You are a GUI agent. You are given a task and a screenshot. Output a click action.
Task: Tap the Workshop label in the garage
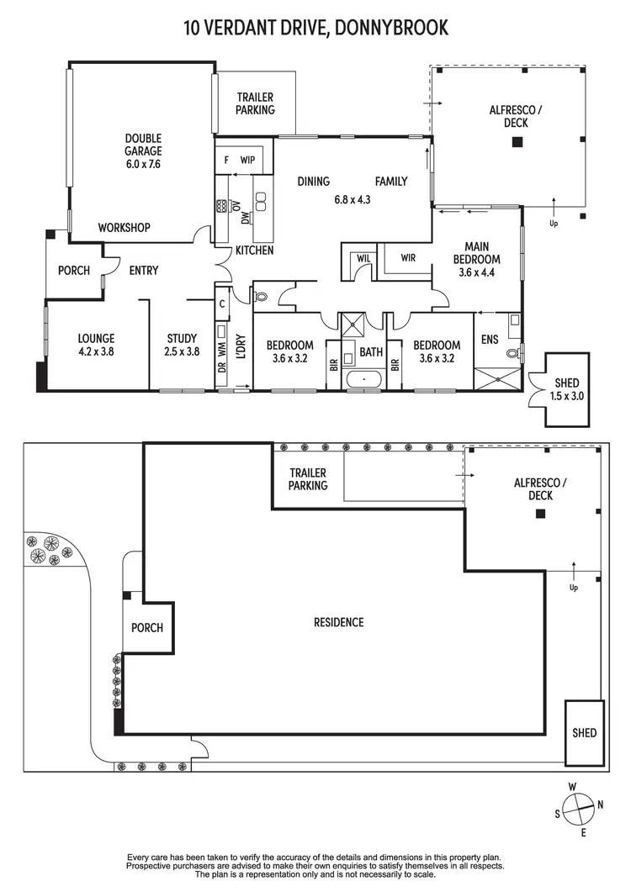(x=124, y=228)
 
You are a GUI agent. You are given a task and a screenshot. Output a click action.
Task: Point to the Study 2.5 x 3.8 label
(x=182, y=346)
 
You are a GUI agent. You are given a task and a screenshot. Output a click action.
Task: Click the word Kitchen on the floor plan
(x=254, y=251)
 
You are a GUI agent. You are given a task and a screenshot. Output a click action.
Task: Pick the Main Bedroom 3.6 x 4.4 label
(x=477, y=260)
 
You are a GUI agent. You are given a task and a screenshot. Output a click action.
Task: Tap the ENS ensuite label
(x=490, y=340)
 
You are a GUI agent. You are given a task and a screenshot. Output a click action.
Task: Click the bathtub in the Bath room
(x=364, y=379)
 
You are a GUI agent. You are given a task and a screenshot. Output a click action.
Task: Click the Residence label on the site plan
(x=339, y=622)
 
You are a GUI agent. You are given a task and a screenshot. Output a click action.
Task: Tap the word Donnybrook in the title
(x=391, y=28)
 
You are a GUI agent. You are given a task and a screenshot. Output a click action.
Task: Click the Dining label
(x=313, y=181)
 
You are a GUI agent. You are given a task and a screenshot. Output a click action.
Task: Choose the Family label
(x=391, y=181)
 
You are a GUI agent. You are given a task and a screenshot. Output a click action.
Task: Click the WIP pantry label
(x=247, y=159)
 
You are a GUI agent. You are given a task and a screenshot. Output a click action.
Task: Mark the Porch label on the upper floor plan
(x=74, y=271)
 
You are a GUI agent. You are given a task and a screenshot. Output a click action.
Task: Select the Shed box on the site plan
(x=584, y=732)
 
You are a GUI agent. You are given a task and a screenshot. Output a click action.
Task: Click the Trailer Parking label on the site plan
(x=308, y=480)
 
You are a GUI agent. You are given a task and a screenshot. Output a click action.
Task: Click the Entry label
(x=144, y=271)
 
